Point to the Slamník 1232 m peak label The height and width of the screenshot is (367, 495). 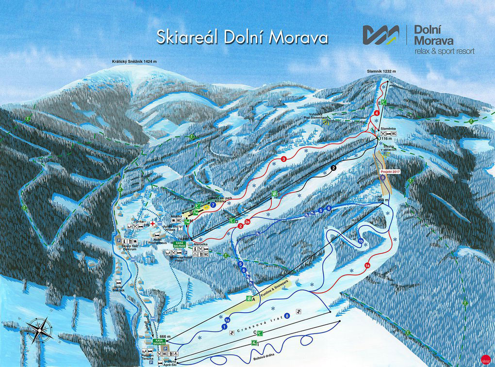pyautogui.click(x=381, y=71)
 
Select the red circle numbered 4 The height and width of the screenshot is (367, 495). pyautogui.click(x=377, y=113)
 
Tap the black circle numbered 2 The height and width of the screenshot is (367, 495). pyautogui.click(x=333, y=168)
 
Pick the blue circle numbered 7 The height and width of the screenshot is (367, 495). pyautogui.click(x=213, y=206)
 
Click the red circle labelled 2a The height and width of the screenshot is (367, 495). pyautogui.click(x=247, y=222)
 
